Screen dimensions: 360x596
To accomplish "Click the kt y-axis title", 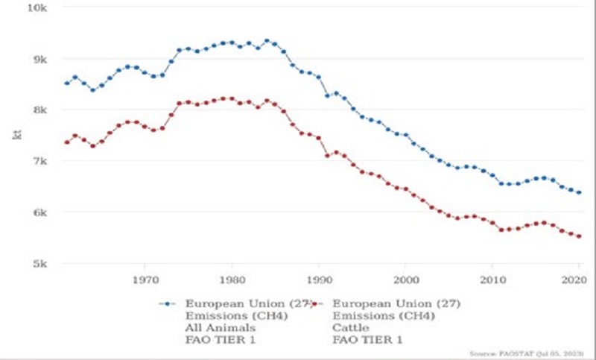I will pos(17,135).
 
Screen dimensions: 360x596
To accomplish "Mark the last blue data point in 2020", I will pos(579,192).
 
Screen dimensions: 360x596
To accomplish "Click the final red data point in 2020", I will pos(579,237).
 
